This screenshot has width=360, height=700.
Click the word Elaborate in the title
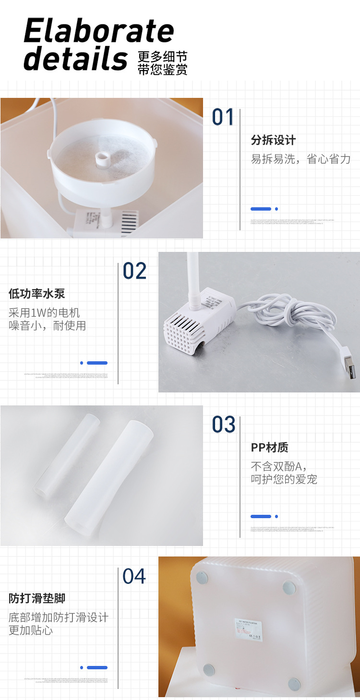tap(98, 32)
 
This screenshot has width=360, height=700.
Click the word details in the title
tap(75, 59)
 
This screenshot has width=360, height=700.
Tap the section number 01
tap(223, 118)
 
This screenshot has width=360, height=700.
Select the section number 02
tap(134, 271)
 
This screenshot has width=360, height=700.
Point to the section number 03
tap(224, 425)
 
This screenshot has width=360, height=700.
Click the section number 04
tap(134, 576)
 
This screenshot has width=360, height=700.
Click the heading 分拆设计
tap(273, 140)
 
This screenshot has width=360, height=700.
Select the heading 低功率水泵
tap(36, 294)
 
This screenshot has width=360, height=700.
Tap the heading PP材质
tap(269, 448)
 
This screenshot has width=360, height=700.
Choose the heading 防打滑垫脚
tap(36, 598)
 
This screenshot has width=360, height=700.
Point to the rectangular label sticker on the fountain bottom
tap(249, 629)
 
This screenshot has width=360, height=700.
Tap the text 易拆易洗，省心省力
tap(300, 159)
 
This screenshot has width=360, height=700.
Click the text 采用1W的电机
tap(44, 313)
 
